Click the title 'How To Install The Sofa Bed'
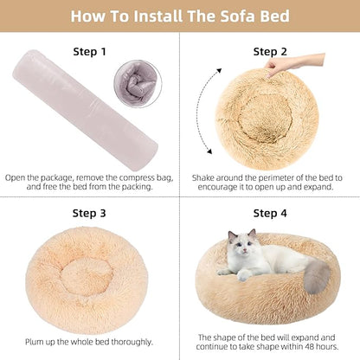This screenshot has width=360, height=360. (180, 16)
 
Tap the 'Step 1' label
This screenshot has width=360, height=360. (89, 52)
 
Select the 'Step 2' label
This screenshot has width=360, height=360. (270, 52)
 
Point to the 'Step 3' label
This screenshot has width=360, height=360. (89, 213)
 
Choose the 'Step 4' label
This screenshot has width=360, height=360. (270, 213)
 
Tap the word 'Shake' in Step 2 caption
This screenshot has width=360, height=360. (204, 177)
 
